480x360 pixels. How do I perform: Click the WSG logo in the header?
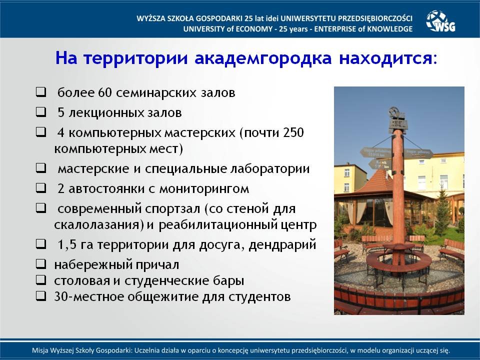click(x=441, y=21)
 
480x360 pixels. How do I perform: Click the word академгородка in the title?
click(x=263, y=58)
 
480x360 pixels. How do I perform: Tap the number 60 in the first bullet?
click(x=105, y=93)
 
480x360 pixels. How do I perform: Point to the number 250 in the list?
click(x=293, y=132)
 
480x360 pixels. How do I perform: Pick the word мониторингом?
click(x=204, y=189)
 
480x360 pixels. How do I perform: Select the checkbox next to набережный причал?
click(x=41, y=264)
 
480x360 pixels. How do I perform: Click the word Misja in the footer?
click(x=39, y=350)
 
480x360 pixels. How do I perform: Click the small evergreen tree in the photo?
click(x=442, y=211)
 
